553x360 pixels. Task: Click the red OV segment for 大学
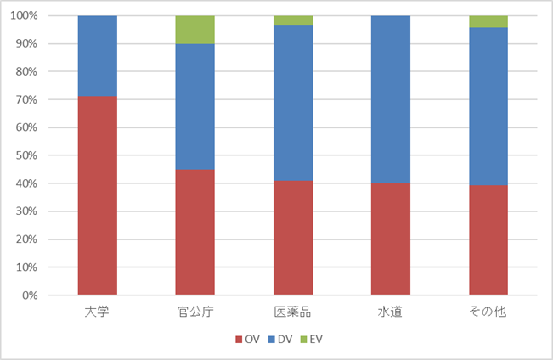97,195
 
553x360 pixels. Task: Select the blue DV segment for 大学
97,56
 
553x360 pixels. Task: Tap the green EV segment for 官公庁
195,30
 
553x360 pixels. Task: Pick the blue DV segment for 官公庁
195,106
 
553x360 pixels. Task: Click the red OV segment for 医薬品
292,238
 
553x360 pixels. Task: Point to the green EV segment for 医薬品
292,20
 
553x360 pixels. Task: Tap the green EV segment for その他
488,21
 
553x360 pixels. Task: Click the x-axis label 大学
97,312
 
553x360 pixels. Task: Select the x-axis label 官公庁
195,312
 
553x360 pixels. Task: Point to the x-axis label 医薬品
292,312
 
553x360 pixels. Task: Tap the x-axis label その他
488,312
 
